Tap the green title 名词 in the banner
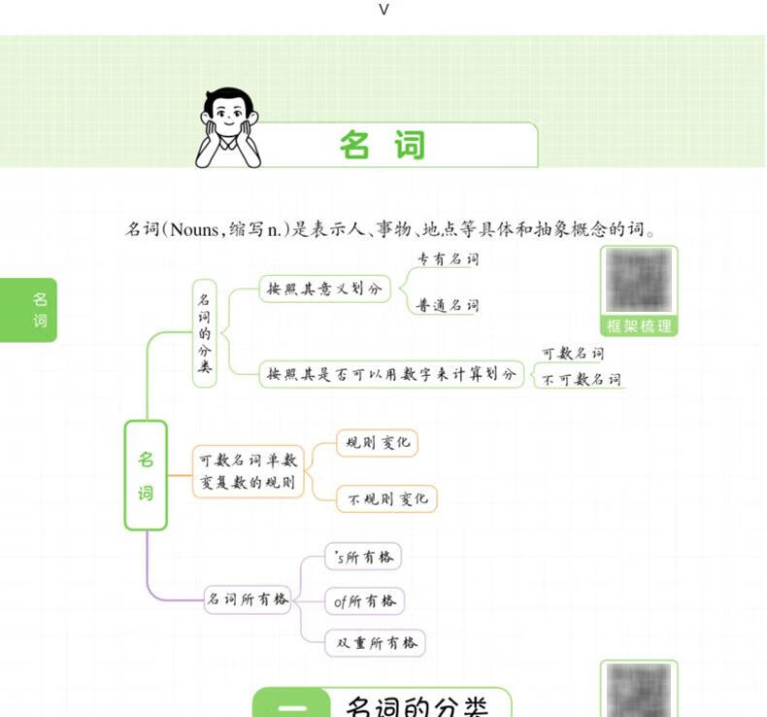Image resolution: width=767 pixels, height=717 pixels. click(x=383, y=145)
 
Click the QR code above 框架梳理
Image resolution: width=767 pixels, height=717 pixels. click(x=638, y=281)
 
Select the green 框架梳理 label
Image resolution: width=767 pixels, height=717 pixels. click(x=638, y=326)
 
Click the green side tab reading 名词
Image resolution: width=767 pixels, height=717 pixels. click(x=40, y=310)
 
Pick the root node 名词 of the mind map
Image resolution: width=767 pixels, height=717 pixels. click(x=146, y=475)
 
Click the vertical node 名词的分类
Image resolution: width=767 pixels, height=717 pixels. click(x=204, y=332)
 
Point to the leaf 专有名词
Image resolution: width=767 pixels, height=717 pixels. click(x=448, y=259)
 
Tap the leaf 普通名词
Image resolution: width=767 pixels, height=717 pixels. click(x=448, y=306)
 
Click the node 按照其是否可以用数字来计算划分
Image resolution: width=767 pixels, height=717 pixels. click(x=391, y=374)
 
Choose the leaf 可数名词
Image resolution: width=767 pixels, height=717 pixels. click(x=572, y=354)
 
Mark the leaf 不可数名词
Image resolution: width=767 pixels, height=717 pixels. click(x=581, y=380)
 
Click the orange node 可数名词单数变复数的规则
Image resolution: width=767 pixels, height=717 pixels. click(x=248, y=470)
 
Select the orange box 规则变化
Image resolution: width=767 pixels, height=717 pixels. click(x=377, y=443)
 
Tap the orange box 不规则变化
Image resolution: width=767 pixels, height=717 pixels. click(x=386, y=499)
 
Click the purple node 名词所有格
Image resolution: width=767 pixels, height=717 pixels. click(x=247, y=599)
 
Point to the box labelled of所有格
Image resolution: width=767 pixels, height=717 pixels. click(x=365, y=601)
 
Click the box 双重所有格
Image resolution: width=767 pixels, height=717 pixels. click(x=376, y=642)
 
